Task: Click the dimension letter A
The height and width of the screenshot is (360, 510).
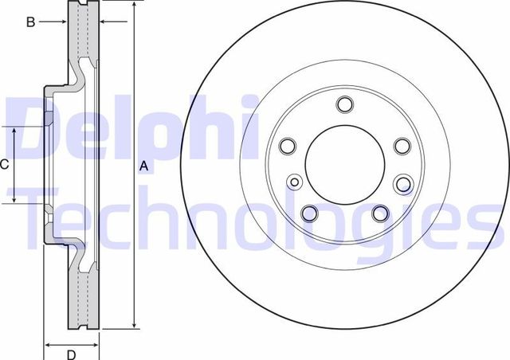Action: coord(143,166)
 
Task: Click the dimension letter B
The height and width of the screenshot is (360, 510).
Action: coord(30,22)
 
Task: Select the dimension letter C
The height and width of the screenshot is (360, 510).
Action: coord(4,165)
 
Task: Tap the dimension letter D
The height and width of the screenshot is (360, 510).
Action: coord(71,354)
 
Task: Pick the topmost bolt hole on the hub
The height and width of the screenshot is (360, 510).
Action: coord(344,104)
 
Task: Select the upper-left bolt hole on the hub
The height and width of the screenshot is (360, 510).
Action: coord(288,146)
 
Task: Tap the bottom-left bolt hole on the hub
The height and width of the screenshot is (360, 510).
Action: coord(310,213)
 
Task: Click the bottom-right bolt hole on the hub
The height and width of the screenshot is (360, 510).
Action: coord(380,212)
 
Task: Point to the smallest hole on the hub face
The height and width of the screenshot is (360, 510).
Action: coord(296,182)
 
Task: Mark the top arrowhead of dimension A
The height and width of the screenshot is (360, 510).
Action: coord(135,4)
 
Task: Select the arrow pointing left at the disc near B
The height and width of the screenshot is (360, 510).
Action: coord(112,22)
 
